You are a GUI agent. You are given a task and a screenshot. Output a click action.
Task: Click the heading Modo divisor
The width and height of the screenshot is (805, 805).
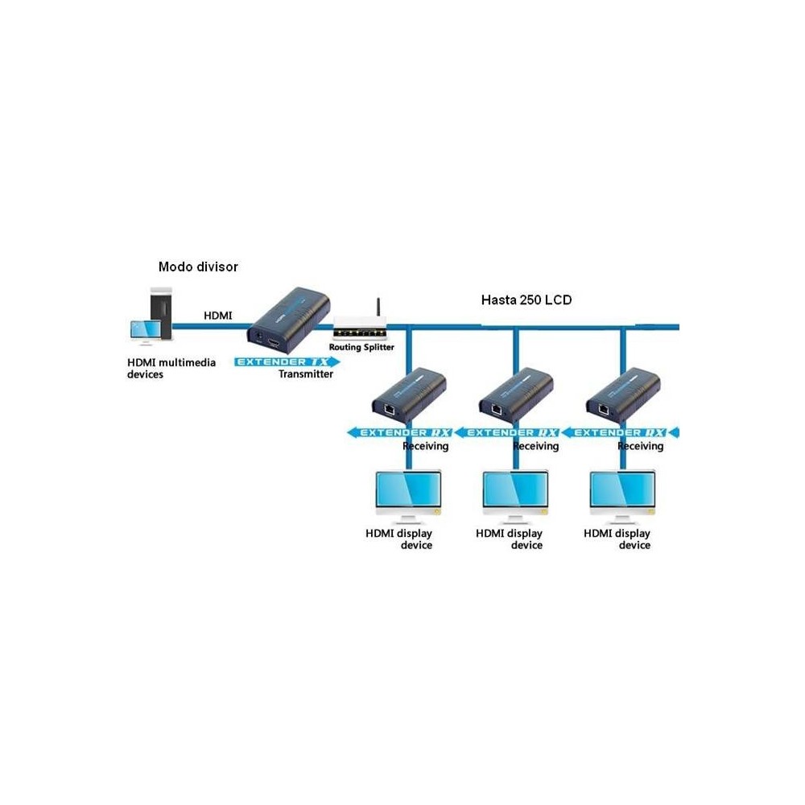point(198,266)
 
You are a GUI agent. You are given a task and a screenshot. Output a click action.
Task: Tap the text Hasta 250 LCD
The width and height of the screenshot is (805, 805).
point(526,299)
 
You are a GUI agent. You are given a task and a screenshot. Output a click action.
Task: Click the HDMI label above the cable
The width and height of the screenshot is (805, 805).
point(217,316)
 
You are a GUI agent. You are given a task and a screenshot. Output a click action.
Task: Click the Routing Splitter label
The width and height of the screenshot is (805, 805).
point(362,347)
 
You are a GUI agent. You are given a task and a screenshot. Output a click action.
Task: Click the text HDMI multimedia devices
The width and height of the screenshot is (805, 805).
point(171,368)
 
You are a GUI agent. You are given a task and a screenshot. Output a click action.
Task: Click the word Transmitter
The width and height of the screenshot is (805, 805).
point(305,374)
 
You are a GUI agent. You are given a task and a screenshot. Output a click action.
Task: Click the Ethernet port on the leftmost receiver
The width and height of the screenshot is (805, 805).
point(390,410)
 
